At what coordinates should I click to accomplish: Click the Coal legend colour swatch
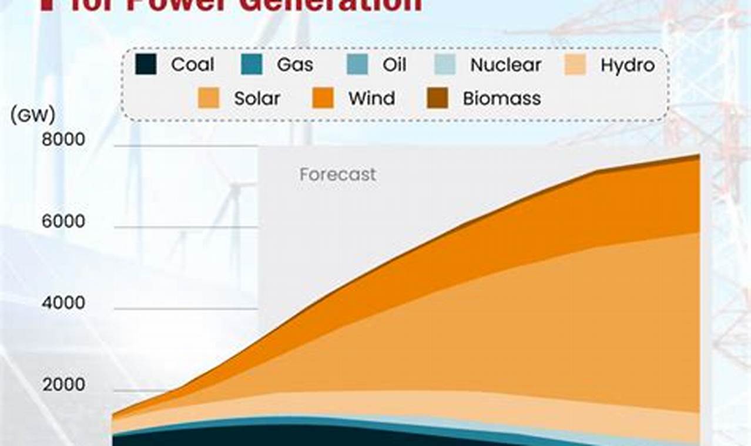click(146, 65)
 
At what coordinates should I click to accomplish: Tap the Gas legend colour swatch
click(252, 65)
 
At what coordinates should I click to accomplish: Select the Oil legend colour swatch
click(357, 65)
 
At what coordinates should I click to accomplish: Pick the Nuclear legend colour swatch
click(445, 65)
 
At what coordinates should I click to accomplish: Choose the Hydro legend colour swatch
click(575, 65)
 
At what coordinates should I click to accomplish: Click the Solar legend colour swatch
click(209, 98)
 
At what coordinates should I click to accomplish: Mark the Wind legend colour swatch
click(323, 98)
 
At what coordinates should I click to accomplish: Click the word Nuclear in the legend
click(505, 65)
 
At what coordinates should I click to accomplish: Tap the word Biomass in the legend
click(501, 98)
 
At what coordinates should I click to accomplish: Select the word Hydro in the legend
click(627, 65)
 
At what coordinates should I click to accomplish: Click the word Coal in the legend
click(192, 65)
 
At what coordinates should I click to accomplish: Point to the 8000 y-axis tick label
click(63, 140)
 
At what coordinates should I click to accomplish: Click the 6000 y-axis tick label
click(63, 221)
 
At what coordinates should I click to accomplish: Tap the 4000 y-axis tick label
click(63, 303)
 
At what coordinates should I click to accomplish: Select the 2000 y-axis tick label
click(63, 384)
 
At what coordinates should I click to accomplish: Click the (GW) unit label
click(33, 115)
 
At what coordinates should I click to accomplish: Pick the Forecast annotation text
click(337, 174)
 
